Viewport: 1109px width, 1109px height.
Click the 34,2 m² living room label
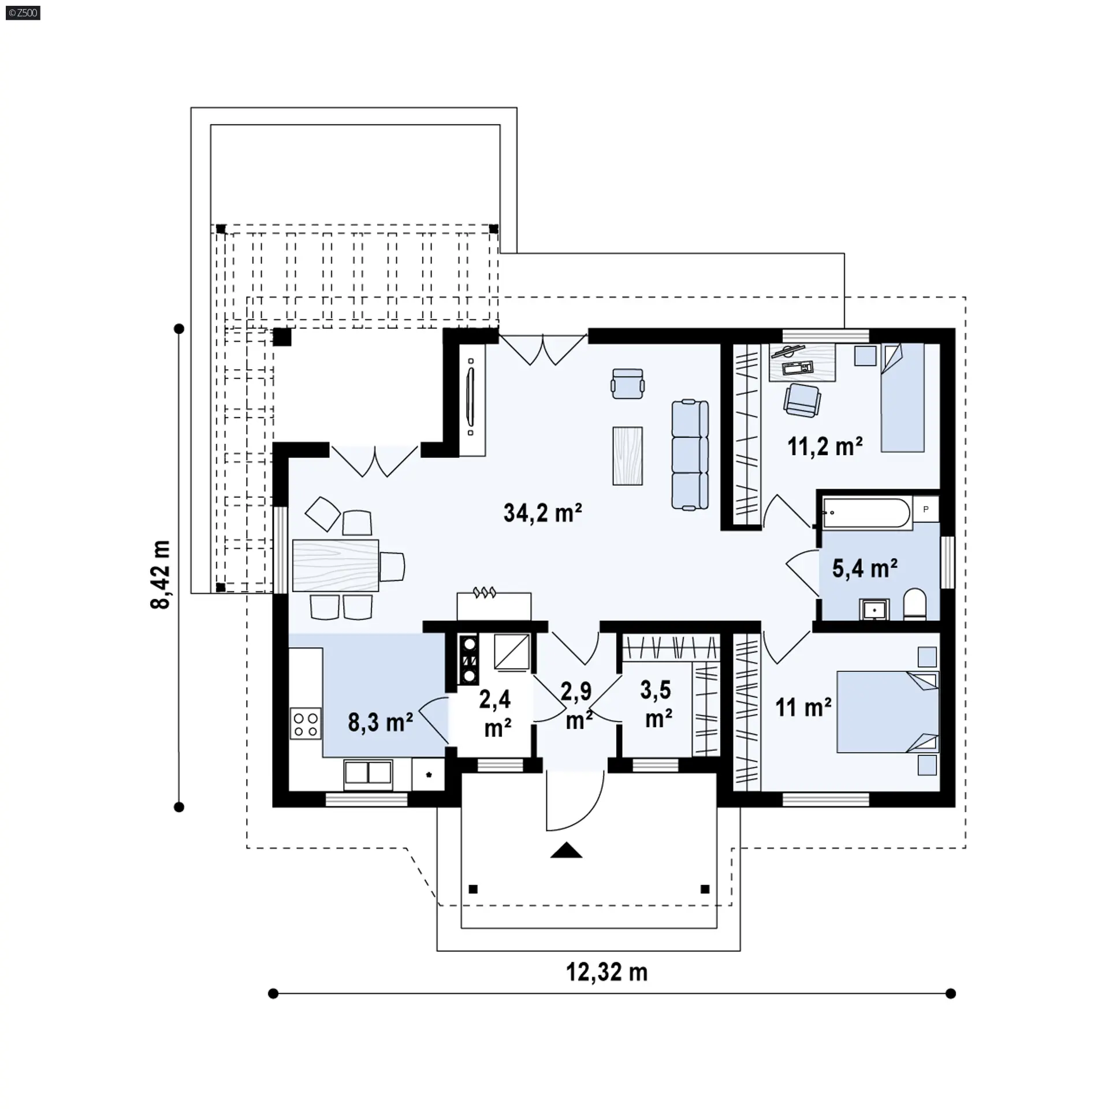pyautogui.click(x=542, y=512)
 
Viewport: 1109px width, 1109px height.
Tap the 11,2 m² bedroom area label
pyautogui.click(x=825, y=446)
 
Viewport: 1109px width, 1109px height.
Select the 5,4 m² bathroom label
pyautogui.click(x=865, y=569)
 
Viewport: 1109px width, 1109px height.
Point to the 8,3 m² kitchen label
pyautogui.click(x=380, y=722)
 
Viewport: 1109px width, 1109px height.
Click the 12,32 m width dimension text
pyautogui.click(x=606, y=972)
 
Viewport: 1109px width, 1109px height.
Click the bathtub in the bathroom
pyautogui.click(x=868, y=512)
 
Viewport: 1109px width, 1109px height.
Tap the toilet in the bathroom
pyautogui.click(x=914, y=605)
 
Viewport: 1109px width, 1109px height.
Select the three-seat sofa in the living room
pyautogui.click(x=690, y=455)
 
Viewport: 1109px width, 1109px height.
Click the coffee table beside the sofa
pyautogui.click(x=628, y=456)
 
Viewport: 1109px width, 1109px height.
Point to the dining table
pyautogui.click(x=336, y=565)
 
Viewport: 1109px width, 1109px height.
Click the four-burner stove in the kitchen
pyautogui.click(x=306, y=724)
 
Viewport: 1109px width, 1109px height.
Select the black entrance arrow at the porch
pyautogui.click(x=566, y=850)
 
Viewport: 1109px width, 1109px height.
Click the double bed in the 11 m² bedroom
pyautogui.click(x=888, y=712)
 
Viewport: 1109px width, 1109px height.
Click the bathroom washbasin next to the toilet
pyautogui.click(x=875, y=609)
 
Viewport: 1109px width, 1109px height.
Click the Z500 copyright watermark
pyautogui.click(x=23, y=12)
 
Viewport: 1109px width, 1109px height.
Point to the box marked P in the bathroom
pyautogui.click(x=926, y=509)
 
